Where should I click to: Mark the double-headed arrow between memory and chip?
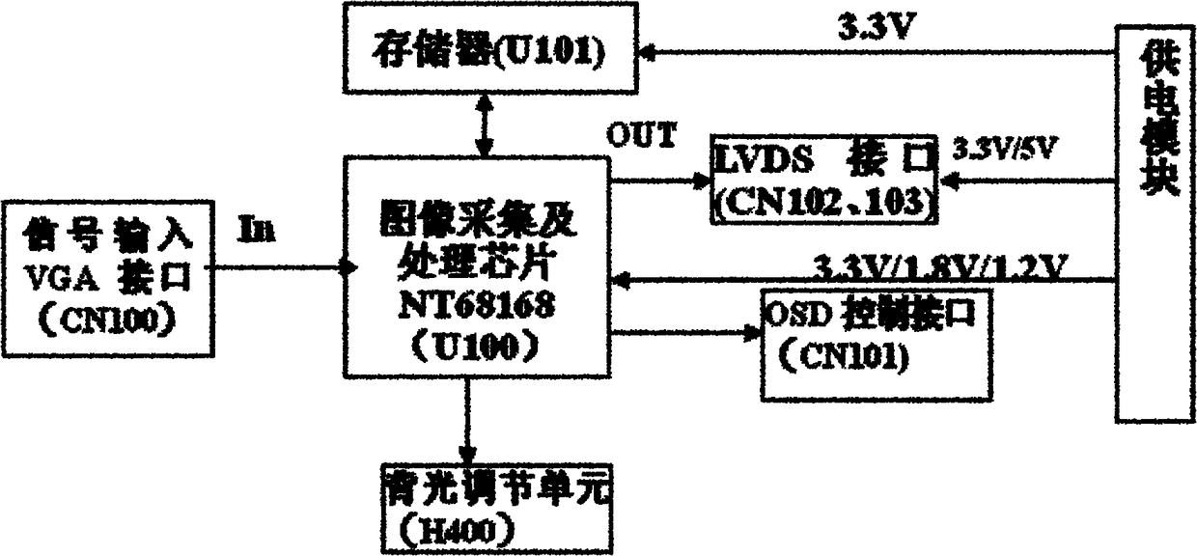(484, 124)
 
